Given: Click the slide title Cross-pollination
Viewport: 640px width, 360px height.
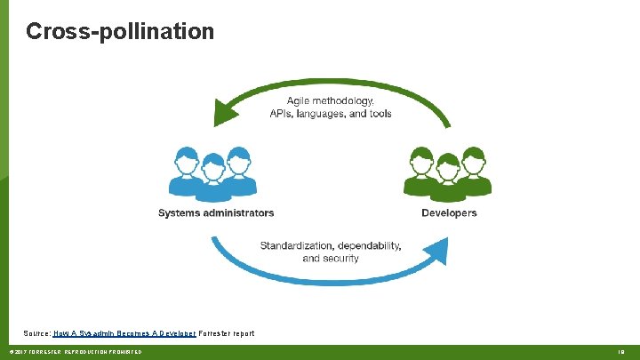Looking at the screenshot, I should coord(120,32).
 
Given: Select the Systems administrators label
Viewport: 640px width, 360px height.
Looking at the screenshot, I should coord(216,213).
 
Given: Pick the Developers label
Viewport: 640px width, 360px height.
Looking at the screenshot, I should coord(449,213).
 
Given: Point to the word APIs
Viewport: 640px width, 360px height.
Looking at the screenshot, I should coord(283,113).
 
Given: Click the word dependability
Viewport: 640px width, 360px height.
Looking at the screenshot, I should coord(369,245).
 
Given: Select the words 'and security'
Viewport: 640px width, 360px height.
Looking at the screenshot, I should coord(331,258).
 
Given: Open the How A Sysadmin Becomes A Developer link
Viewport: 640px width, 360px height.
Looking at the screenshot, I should coord(124,333).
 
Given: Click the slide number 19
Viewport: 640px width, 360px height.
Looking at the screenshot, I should coord(621,352).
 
